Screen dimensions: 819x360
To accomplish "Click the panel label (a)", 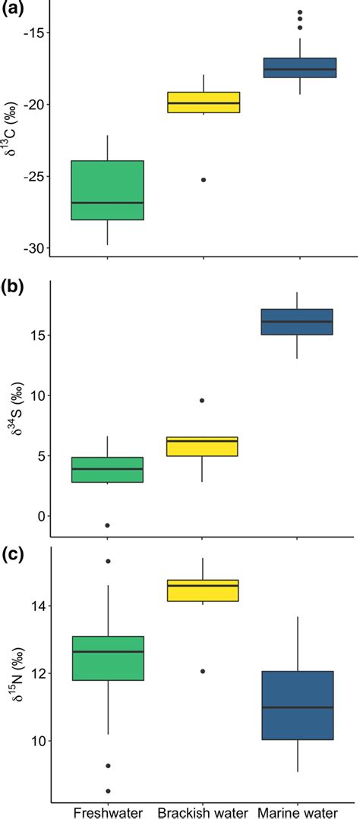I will click(x=14, y=11).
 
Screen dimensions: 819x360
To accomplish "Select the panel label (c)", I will click(x=14, y=555).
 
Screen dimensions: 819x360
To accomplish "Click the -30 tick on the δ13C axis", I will click(x=36, y=248).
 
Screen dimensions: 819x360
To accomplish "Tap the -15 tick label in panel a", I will click(x=36, y=33).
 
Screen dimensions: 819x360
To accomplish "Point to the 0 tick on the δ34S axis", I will click(x=40, y=516).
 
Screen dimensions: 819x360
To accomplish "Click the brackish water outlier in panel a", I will click(x=204, y=180).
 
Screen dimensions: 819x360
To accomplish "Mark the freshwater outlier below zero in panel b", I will click(x=107, y=525).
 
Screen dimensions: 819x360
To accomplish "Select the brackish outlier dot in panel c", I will click(x=204, y=671).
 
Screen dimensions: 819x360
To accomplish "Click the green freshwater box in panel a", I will click(x=107, y=190).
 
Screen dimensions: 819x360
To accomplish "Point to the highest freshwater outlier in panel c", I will click(x=107, y=561).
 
